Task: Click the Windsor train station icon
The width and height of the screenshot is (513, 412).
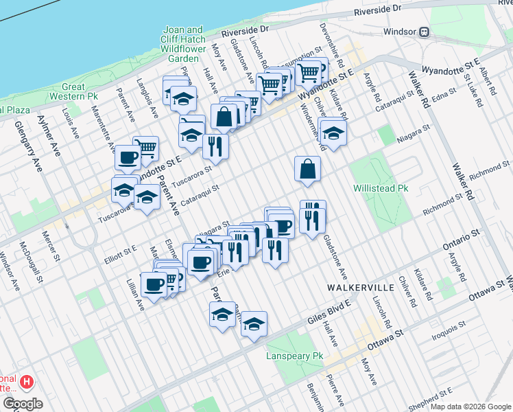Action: tap(425, 32)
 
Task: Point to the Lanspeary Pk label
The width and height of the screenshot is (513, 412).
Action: tap(294, 356)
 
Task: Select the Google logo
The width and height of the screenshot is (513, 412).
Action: tap(23, 404)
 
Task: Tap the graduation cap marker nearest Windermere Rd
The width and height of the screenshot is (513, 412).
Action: tap(333, 133)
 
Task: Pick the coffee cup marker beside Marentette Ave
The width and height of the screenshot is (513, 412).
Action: tap(128, 158)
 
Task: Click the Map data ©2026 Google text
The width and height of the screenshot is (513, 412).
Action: tap(470, 407)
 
